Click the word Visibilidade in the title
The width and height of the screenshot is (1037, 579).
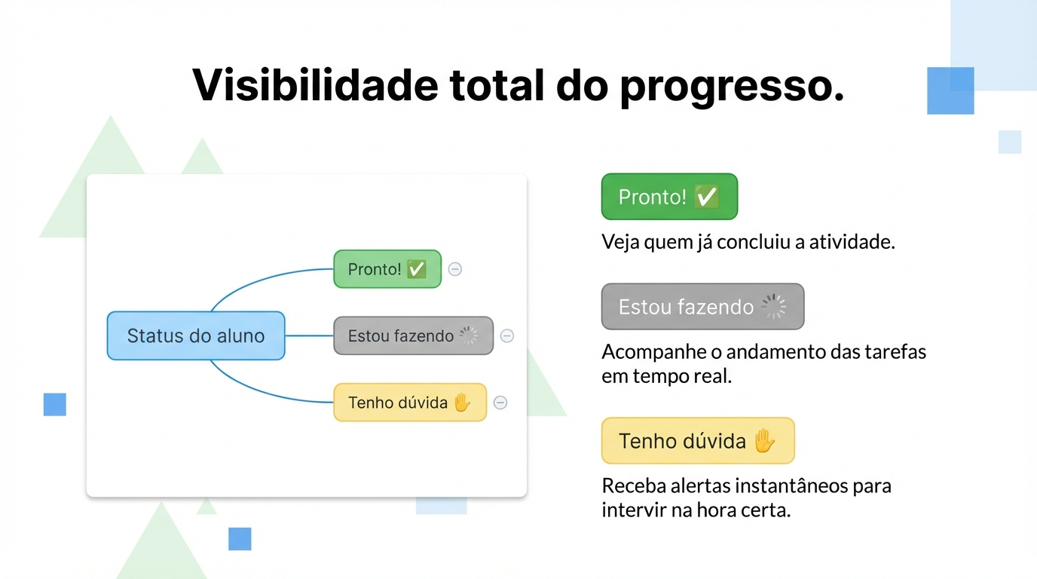[x=314, y=85]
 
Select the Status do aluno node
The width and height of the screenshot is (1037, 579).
[x=196, y=335]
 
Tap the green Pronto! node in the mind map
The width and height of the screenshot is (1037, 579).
[x=387, y=269]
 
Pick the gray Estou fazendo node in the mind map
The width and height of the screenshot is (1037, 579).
[x=413, y=335]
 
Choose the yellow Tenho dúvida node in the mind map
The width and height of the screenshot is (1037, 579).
[x=409, y=403]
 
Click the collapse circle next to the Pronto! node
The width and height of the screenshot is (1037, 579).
[x=455, y=269]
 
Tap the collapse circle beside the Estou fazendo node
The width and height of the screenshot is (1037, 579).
[x=507, y=336]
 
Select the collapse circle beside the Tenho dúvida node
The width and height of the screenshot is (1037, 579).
[x=500, y=403]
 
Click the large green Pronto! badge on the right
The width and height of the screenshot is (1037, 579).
[x=668, y=197]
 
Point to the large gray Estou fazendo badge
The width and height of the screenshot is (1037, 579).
[x=702, y=307]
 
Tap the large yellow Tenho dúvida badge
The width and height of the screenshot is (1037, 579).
[x=697, y=441]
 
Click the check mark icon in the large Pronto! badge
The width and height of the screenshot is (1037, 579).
[x=706, y=197]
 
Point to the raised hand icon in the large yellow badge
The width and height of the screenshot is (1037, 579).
[x=764, y=440]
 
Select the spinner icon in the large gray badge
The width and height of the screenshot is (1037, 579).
[x=774, y=307]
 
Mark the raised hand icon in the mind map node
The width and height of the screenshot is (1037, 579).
[x=461, y=403]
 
